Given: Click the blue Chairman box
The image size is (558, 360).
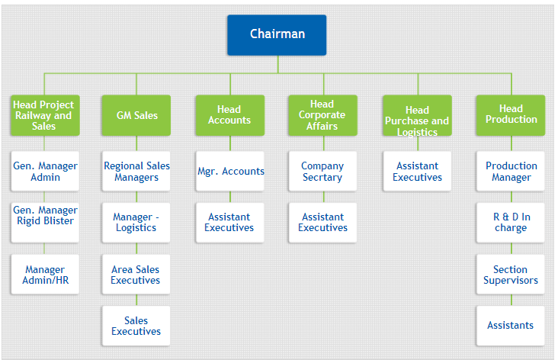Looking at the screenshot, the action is tap(277, 35).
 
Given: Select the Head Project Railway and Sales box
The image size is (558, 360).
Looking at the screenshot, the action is tap(45, 115).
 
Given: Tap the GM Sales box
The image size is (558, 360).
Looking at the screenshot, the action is tap(136, 115).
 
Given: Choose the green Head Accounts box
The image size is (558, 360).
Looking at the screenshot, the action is tap(230, 115).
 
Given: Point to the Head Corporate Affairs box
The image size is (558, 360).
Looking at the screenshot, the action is tap(322, 115).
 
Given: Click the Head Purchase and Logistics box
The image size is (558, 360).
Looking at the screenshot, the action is tap(417, 115).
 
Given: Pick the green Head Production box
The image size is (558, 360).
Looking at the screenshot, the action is tap(511, 115).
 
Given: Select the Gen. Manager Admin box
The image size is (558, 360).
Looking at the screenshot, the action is tap(45, 172).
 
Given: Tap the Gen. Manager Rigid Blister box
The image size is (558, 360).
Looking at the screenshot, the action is tap(45, 223).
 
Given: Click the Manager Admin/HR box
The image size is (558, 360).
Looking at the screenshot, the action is tap(45, 274).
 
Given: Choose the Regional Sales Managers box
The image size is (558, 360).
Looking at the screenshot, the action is tap(136, 172).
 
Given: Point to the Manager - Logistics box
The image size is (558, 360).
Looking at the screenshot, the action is tap(136, 223).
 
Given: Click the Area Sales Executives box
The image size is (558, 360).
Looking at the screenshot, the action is tap(136, 274).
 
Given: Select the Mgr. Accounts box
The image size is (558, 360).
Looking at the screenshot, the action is tap(230, 172).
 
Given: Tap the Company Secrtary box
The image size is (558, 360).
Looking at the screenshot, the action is tap(322, 172).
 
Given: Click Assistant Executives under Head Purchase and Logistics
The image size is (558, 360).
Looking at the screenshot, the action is tap(417, 172).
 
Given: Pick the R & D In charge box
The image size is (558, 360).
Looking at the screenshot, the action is tap(511, 223).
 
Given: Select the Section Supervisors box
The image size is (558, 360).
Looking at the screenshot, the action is tap(511, 274).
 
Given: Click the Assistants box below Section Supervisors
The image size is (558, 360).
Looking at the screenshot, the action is tap(511, 326).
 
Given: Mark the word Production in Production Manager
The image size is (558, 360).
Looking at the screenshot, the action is tap(511, 166).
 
